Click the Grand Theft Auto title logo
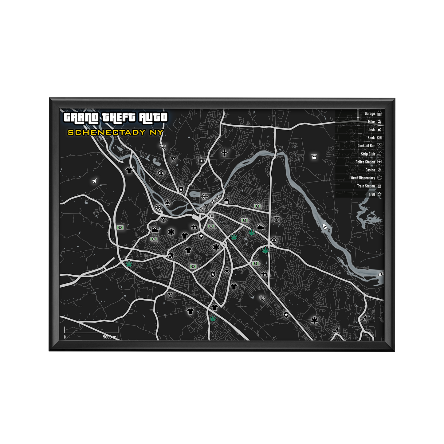(115, 118)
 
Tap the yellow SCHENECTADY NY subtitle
(115, 132)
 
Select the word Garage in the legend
(370, 114)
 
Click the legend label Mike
(371, 122)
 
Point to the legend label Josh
(371, 130)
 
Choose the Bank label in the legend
(371, 138)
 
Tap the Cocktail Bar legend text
(366, 146)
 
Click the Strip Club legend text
(368, 154)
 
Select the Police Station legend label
(365, 162)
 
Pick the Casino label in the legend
(370, 170)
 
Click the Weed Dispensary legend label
(363, 178)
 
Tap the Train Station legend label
(366, 186)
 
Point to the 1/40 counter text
(372, 194)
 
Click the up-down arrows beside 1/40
(379, 194)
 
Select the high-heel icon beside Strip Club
(379, 154)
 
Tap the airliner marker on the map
(225, 152)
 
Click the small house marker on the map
(171, 255)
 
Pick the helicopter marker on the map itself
(314, 157)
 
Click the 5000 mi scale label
(110, 337)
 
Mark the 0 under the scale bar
(65, 337)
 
